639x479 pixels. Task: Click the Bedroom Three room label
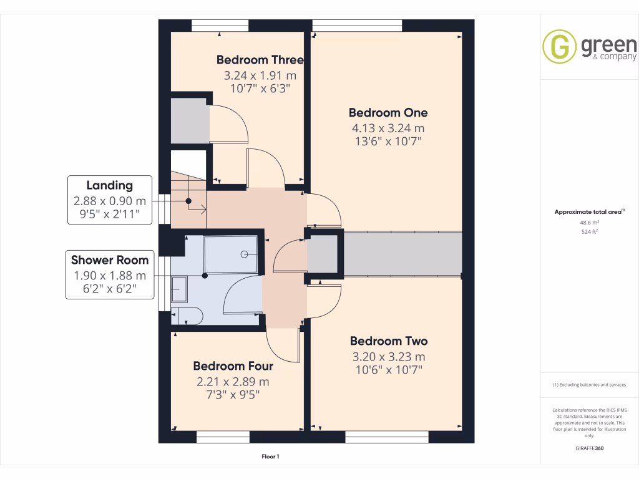[x=260, y=60]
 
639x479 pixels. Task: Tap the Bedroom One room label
[x=388, y=113]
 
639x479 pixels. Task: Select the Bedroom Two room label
[x=388, y=341]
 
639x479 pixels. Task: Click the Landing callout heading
[x=109, y=185]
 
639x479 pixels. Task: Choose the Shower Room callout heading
[x=109, y=260]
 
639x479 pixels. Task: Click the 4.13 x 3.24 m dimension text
[x=388, y=128]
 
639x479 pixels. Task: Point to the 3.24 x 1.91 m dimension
[x=260, y=75]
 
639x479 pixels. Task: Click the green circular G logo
[x=559, y=47]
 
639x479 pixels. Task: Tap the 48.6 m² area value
[x=590, y=222]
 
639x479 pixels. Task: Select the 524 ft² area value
[x=590, y=231]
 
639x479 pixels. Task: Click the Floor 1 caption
[x=270, y=457]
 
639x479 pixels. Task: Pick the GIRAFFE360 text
[x=590, y=448]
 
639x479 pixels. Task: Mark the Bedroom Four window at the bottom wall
[x=223, y=437]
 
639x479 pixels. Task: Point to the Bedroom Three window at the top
[x=220, y=25]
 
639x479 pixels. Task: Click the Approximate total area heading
[x=589, y=212]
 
